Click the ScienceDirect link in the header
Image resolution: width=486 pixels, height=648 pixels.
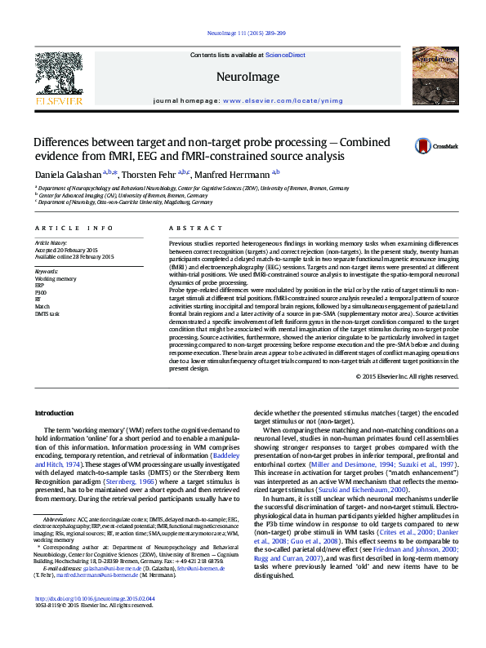click(x=285, y=55)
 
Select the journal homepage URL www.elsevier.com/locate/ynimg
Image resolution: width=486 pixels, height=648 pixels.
click(x=272, y=101)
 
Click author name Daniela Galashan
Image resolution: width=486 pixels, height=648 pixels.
click(x=66, y=174)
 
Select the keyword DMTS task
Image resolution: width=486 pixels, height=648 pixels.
click(x=47, y=313)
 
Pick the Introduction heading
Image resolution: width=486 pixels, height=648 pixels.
click(x=54, y=414)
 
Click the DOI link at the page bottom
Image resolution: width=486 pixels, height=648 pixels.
click(x=95, y=622)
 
